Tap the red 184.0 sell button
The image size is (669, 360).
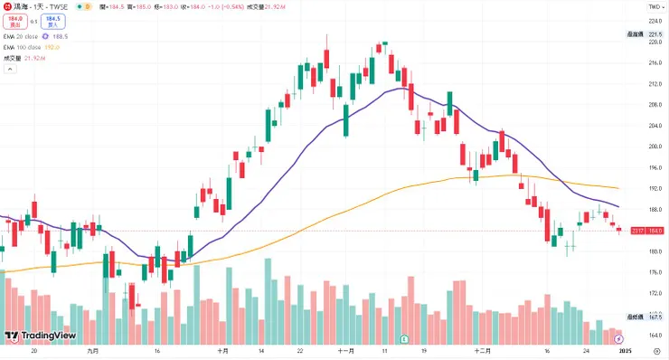[x=14, y=20]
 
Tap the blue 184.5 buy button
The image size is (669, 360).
[x=53, y=20]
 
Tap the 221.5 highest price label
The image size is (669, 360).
[x=656, y=34]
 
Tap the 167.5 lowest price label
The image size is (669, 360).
[x=656, y=317]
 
